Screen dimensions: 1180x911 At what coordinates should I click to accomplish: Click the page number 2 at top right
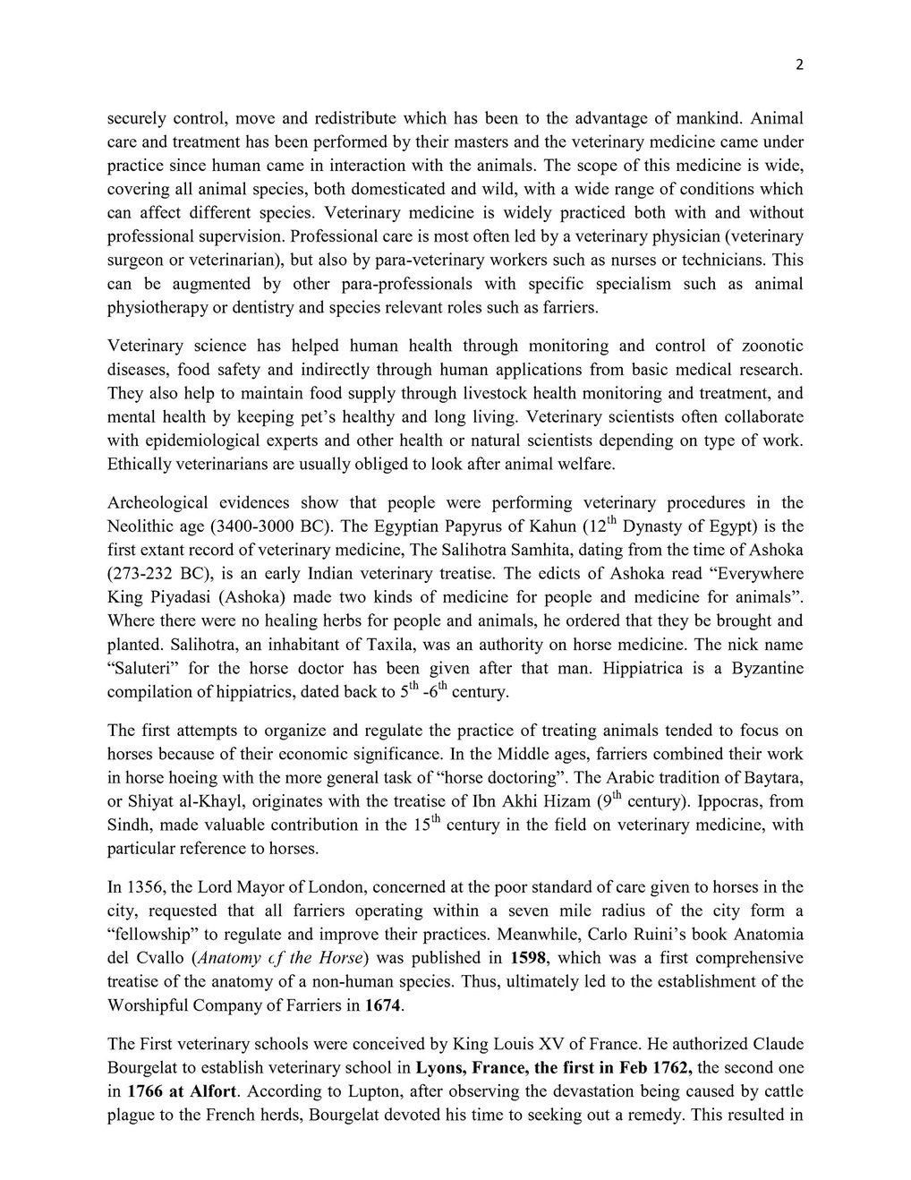click(x=799, y=64)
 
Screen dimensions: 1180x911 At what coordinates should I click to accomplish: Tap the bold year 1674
click(x=384, y=1005)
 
